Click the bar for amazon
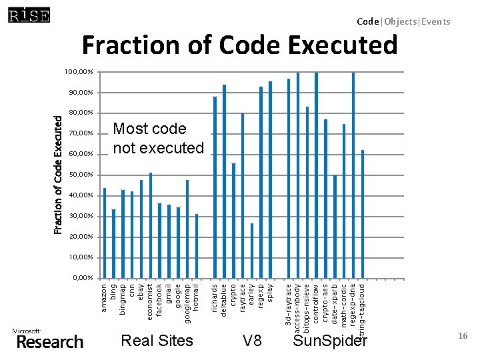tap(105, 233)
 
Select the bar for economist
tap(151, 225)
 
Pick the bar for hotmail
tap(197, 246)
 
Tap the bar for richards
tap(215, 187)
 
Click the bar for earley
tap(252, 251)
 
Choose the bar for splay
tap(270, 179)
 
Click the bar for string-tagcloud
tap(362, 214)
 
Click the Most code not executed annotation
tap(158, 138)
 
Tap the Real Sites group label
tap(157, 341)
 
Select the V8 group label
tap(252, 341)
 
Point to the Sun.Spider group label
tap(330, 341)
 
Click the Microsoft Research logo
tap(48, 339)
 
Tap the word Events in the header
tap(436, 21)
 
